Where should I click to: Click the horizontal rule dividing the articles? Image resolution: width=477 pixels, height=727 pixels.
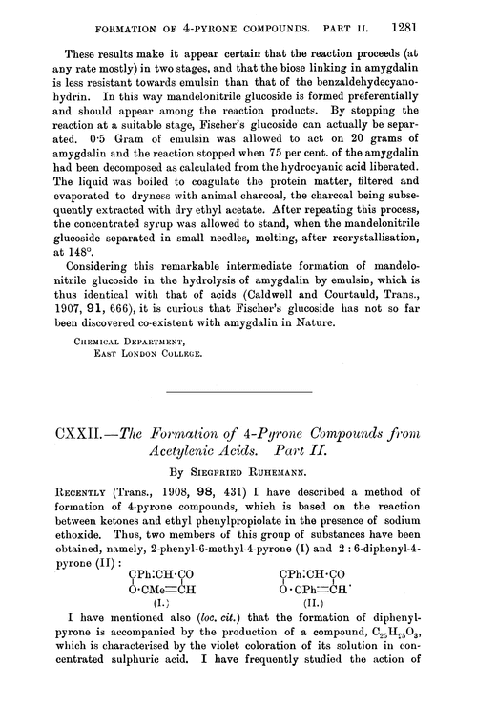(x=238, y=392)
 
